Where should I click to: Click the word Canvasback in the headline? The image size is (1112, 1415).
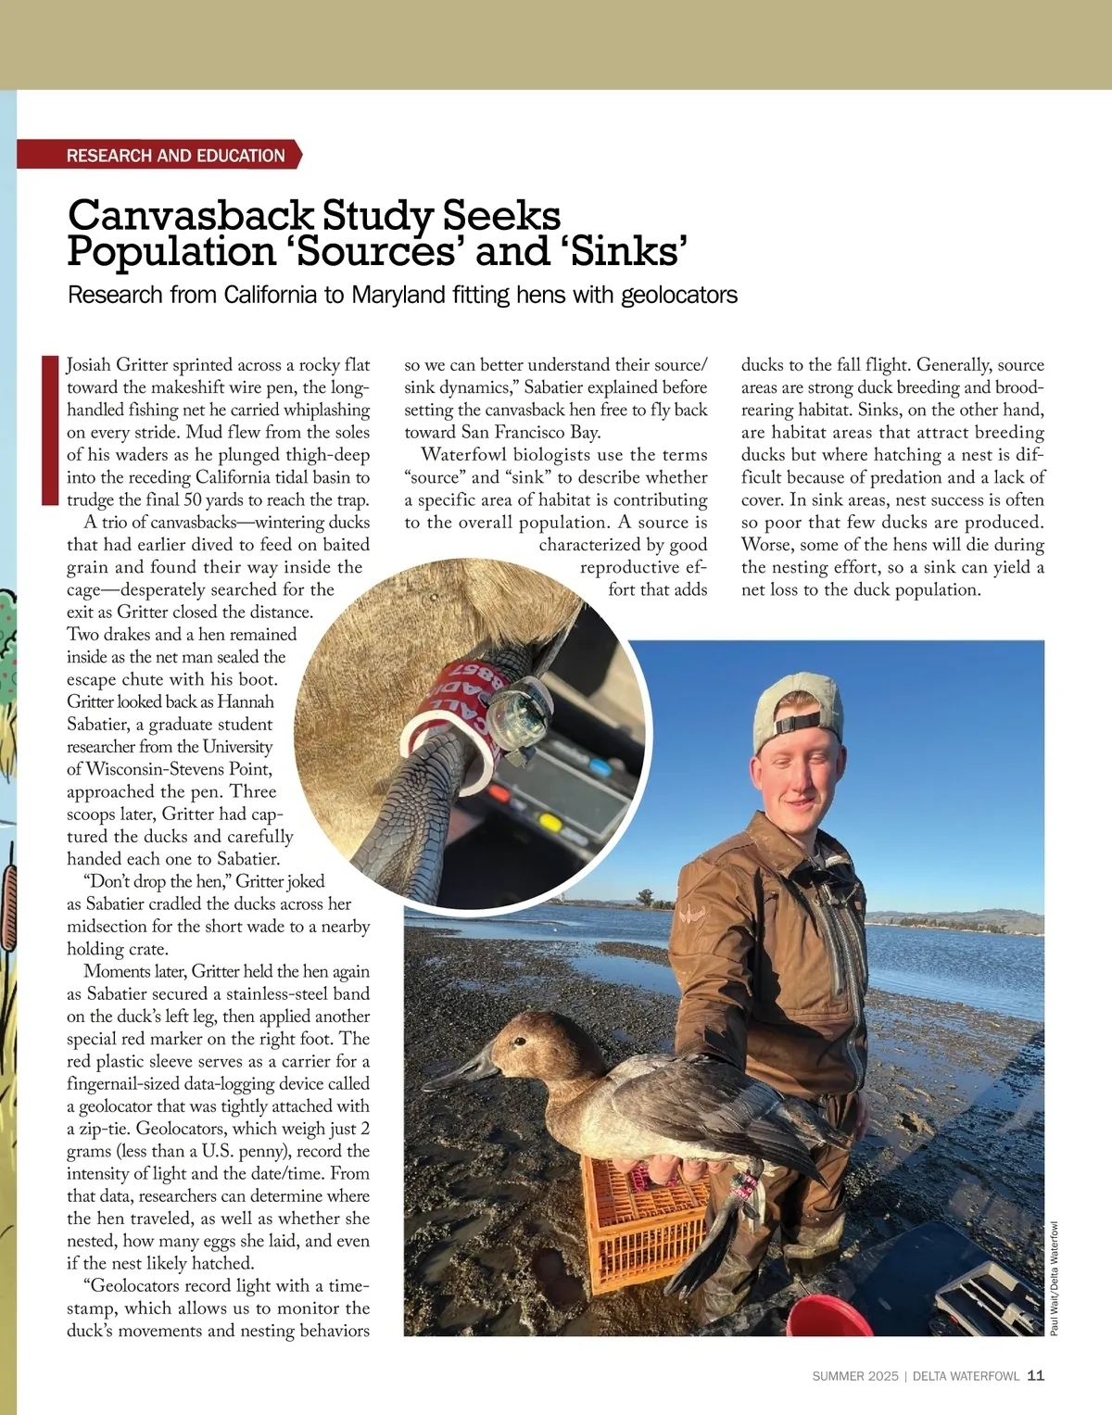tap(191, 215)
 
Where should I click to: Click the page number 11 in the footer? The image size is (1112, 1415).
tap(1036, 1375)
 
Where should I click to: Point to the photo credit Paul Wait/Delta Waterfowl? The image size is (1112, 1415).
tap(1054, 1279)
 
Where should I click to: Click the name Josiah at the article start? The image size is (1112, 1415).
tap(89, 365)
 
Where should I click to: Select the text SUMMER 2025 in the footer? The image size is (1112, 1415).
tap(854, 1376)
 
